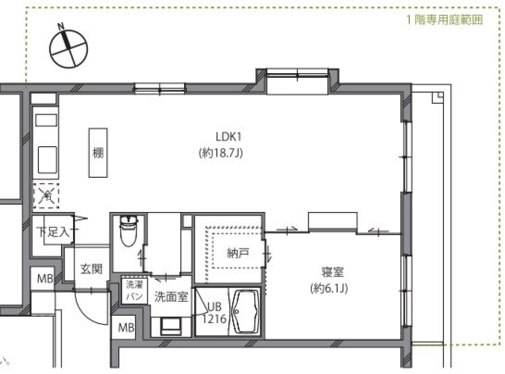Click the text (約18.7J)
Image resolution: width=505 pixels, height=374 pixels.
tap(220, 154)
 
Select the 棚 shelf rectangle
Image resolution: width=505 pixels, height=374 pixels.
tap(98, 153)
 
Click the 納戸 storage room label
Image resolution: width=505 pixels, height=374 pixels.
tap(238, 254)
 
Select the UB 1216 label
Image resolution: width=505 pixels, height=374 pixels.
tap(215, 312)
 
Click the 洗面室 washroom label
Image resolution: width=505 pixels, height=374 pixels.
tap(171, 297)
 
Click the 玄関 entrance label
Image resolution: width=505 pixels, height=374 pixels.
tap(91, 269)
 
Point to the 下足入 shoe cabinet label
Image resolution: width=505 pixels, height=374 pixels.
tap(54, 232)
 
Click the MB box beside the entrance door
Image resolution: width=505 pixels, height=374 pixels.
tap(44, 279)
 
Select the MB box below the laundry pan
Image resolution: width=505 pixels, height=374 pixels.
tap(125, 328)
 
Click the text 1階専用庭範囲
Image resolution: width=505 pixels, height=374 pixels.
tap(445, 21)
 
